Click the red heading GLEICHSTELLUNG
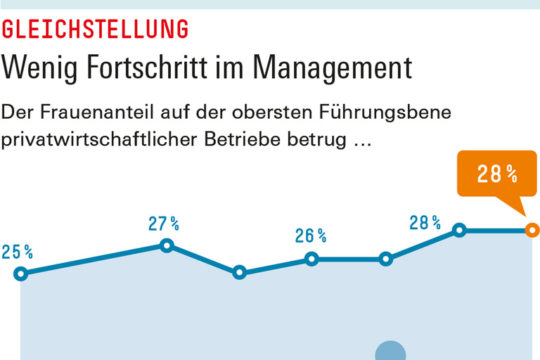click(x=96, y=29)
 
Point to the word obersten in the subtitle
click(x=306, y=112)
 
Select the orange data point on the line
click(x=532, y=230)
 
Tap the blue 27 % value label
click(x=163, y=224)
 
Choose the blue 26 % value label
click(x=310, y=236)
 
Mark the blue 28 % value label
click(x=425, y=223)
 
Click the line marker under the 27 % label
click(x=167, y=245)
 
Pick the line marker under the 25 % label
click(x=20, y=274)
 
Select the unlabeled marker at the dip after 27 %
click(x=240, y=272)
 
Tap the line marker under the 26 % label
click(x=312, y=259)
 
